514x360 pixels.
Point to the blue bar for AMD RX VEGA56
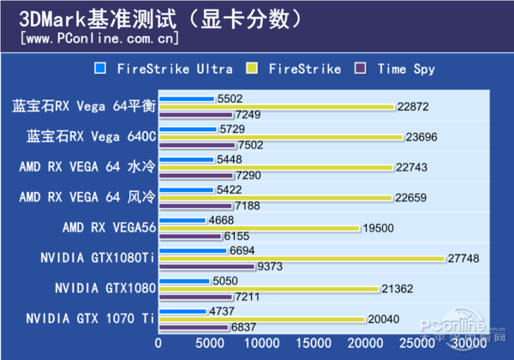[x=183, y=219]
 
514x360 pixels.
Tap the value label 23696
[x=421, y=137]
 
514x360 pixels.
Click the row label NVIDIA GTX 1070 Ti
[x=90, y=318]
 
